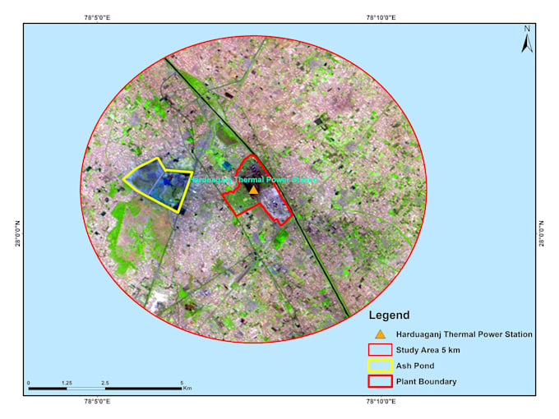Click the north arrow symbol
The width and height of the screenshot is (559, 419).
click(527, 39)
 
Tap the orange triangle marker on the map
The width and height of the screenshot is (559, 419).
click(253, 190)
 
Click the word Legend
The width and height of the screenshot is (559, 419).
click(389, 315)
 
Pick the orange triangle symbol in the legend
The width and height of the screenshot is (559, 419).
click(380, 334)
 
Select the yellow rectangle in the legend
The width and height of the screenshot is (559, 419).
click(380, 366)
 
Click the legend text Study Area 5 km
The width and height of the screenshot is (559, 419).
click(427, 351)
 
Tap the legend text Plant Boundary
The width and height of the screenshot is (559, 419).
click(427, 381)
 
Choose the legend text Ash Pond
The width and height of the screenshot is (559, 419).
click(416, 366)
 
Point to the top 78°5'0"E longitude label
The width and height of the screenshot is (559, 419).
click(102, 17)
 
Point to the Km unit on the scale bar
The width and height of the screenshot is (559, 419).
click(187, 389)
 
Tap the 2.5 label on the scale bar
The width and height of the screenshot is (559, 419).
click(104, 383)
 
